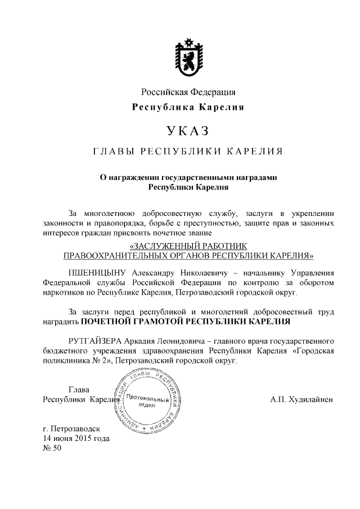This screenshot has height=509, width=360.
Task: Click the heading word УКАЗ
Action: click(x=188, y=131)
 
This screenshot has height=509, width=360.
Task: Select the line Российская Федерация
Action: click(x=188, y=92)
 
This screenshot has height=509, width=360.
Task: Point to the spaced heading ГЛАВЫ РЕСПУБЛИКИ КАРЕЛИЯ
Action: click(x=188, y=152)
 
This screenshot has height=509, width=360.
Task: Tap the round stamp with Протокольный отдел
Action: click(x=147, y=402)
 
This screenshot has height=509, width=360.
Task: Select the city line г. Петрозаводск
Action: click(x=75, y=429)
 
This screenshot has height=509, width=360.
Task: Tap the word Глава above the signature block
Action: click(x=79, y=389)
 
